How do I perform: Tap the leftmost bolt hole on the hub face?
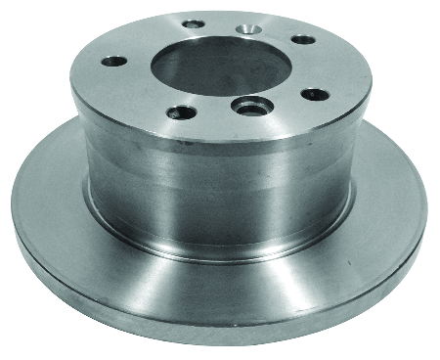115,61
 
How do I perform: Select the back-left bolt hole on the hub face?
193,22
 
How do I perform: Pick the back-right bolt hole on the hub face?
304,40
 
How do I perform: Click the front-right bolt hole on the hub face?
314,94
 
